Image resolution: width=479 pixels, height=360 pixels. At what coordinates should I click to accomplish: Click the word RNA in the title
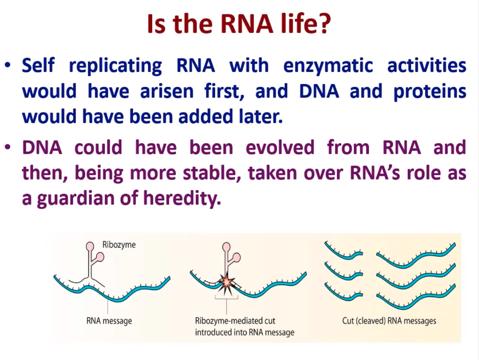click(246, 23)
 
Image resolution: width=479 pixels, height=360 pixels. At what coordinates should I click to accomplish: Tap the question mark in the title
click(324, 23)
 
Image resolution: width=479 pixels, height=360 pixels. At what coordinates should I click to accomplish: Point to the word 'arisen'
click(167, 92)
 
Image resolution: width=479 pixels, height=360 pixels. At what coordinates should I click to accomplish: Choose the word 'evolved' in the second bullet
click(280, 148)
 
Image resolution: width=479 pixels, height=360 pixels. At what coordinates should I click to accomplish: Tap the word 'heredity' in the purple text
click(182, 198)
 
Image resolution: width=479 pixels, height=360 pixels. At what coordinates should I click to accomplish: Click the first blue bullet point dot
click(8, 66)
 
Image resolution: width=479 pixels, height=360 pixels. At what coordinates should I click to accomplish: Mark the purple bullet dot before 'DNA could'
click(8, 148)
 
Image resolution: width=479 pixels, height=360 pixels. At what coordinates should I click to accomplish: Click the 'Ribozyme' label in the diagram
click(119, 245)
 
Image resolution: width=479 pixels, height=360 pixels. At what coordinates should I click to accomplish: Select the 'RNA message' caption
click(109, 321)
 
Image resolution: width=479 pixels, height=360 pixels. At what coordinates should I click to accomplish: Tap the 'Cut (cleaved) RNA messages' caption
click(389, 321)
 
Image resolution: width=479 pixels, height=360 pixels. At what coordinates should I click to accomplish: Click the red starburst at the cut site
click(227, 282)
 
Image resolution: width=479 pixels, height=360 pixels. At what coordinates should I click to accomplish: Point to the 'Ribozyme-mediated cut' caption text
click(235, 321)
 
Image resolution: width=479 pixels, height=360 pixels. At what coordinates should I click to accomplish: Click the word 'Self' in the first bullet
click(38, 66)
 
